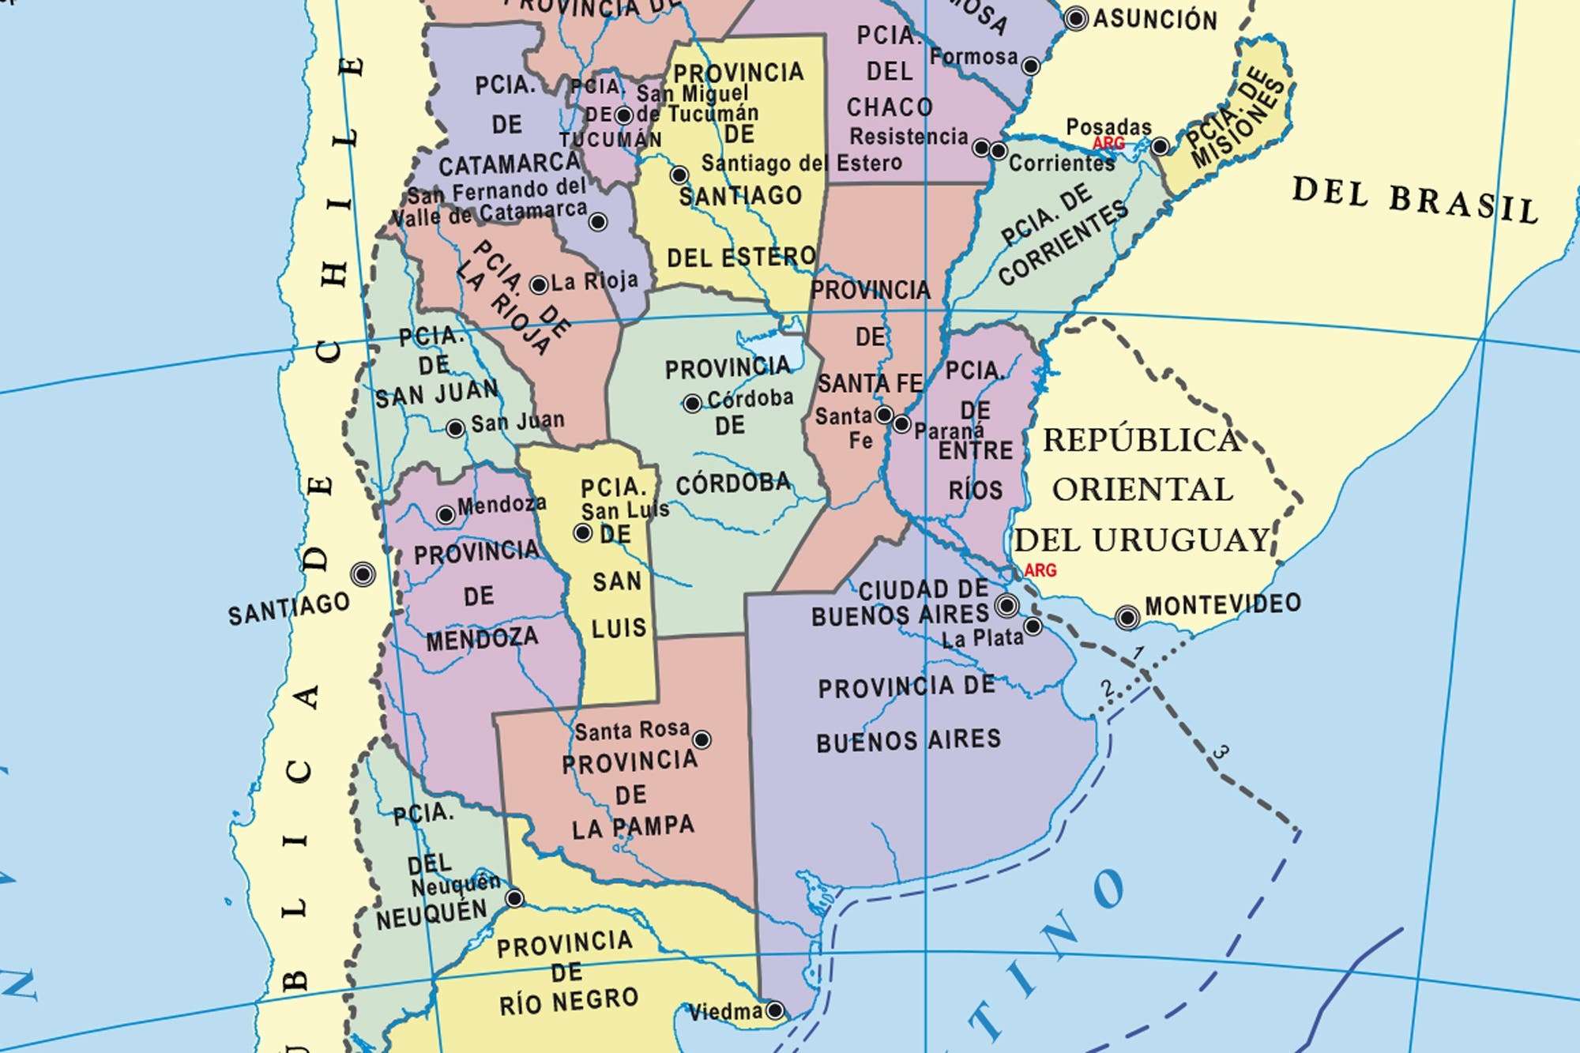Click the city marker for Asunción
coord(1076,19)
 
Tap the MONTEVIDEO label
coord(1222,605)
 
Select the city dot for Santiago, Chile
coord(363,574)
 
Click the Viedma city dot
coord(775,1010)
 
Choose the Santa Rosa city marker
coord(702,740)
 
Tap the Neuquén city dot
coord(514,898)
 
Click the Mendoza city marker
coord(446,515)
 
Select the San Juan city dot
coord(455,429)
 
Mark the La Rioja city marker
coord(539,285)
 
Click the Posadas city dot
coord(1160,146)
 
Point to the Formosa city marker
coord(1030,66)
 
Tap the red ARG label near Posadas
coord(1108,144)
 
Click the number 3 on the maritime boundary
coord(1221,752)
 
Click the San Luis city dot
coord(582,533)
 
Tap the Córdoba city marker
coord(692,404)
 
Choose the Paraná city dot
coord(901,424)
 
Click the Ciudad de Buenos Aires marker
coord(1006,606)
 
